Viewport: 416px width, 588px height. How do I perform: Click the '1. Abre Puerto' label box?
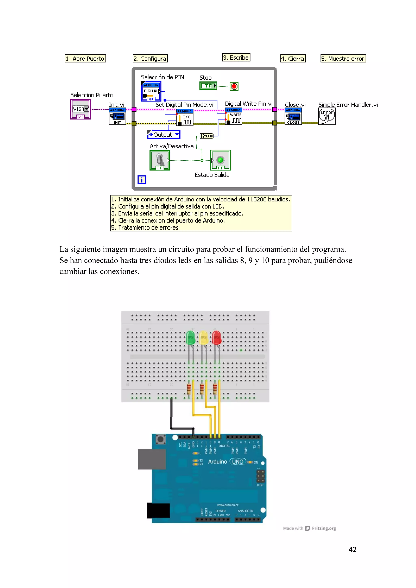pyautogui.click(x=85, y=58)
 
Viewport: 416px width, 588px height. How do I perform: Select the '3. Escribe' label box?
pyautogui.click(x=236, y=57)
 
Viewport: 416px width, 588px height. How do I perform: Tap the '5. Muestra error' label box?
pyautogui.click(x=343, y=58)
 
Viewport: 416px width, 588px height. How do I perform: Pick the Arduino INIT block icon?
pyautogui.click(x=117, y=117)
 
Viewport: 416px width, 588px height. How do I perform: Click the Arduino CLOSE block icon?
pyautogui.click(x=293, y=117)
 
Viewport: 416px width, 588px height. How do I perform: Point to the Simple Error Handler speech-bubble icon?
pyautogui.click(x=327, y=116)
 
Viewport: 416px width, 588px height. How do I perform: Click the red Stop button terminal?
pyautogui.click(x=234, y=86)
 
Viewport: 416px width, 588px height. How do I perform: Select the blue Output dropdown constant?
pyautogui.click(x=164, y=134)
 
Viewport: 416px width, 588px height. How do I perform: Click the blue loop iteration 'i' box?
pyautogui.click(x=142, y=180)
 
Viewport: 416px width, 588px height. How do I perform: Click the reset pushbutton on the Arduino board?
pyautogui.click(x=161, y=439)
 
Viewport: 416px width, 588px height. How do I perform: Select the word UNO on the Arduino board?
pyautogui.click(x=237, y=462)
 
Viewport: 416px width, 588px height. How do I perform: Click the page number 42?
pyautogui.click(x=352, y=549)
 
